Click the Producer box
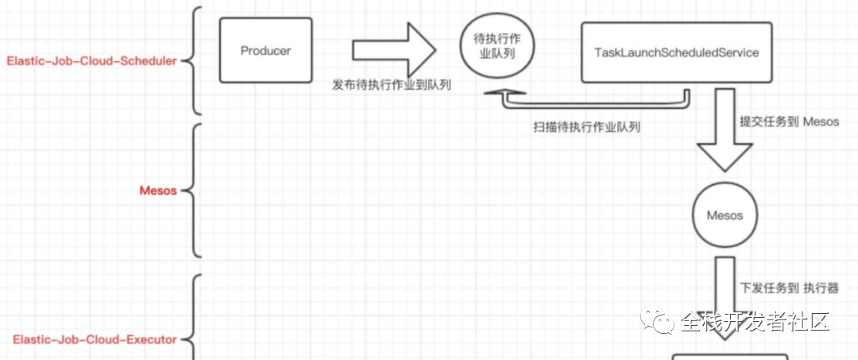[265, 52]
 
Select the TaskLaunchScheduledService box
[676, 53]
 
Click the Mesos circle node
[724, 215]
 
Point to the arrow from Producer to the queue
[394, 51]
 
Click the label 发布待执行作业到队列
[392, 85]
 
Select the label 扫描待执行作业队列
[587, 127]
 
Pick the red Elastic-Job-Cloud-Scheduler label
[91, 60]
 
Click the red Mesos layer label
[158, 191]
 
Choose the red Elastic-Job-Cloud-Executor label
[95, 340]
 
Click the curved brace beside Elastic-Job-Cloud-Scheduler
[195, 60]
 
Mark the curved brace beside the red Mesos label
[195, 191]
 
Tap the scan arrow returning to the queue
[588, 101]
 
